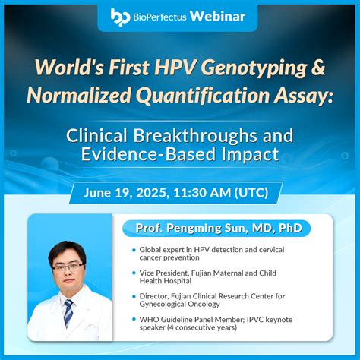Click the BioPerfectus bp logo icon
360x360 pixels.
(120, 15)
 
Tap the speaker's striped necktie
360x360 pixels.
(69, 311)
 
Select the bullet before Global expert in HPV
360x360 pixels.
(134, 249)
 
